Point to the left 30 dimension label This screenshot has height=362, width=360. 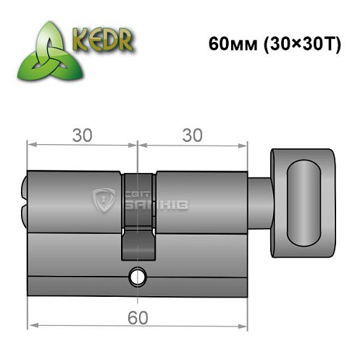click(81, 135)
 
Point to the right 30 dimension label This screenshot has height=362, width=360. click(191, 135)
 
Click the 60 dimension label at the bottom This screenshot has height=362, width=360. click(135, 316)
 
